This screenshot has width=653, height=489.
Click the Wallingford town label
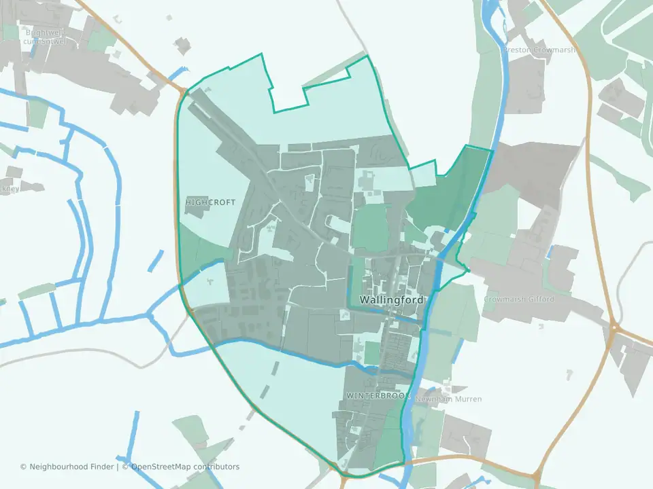390,300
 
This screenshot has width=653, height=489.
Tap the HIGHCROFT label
210,202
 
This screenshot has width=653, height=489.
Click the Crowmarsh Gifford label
519,299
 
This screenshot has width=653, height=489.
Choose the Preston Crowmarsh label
539,50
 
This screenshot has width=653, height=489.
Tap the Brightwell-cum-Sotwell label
46,36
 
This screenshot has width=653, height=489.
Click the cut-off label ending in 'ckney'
10,190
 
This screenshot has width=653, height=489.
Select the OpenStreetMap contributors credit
185,467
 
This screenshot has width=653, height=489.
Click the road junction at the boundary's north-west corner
184,92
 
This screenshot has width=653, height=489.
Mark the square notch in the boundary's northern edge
289,102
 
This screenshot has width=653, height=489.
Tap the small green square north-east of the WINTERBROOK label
372,352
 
